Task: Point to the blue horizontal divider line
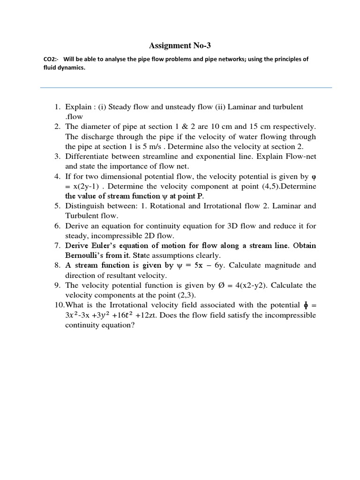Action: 186,87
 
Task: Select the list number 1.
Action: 57,107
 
